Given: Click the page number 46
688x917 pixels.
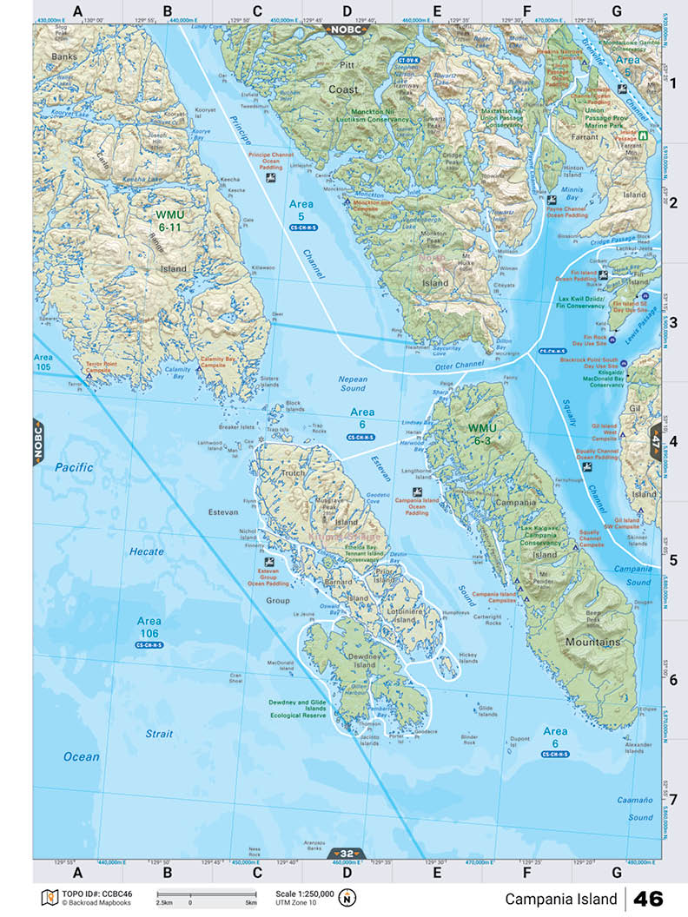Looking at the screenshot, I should point(649,898).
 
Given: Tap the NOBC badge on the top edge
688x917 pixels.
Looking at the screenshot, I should point(347,30).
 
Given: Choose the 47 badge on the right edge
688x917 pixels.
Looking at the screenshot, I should point(654,440).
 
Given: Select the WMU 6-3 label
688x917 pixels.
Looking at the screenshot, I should point(484,434).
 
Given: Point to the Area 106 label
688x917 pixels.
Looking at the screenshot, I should point(149,627).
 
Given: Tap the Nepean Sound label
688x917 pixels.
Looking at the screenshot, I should point(353,384).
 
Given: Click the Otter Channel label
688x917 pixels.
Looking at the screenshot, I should point(458,365).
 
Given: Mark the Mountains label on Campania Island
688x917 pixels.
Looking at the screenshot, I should point(593,643).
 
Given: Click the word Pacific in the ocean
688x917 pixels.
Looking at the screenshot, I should point(74,467).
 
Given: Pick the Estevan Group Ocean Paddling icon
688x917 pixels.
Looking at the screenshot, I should point(270,562).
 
